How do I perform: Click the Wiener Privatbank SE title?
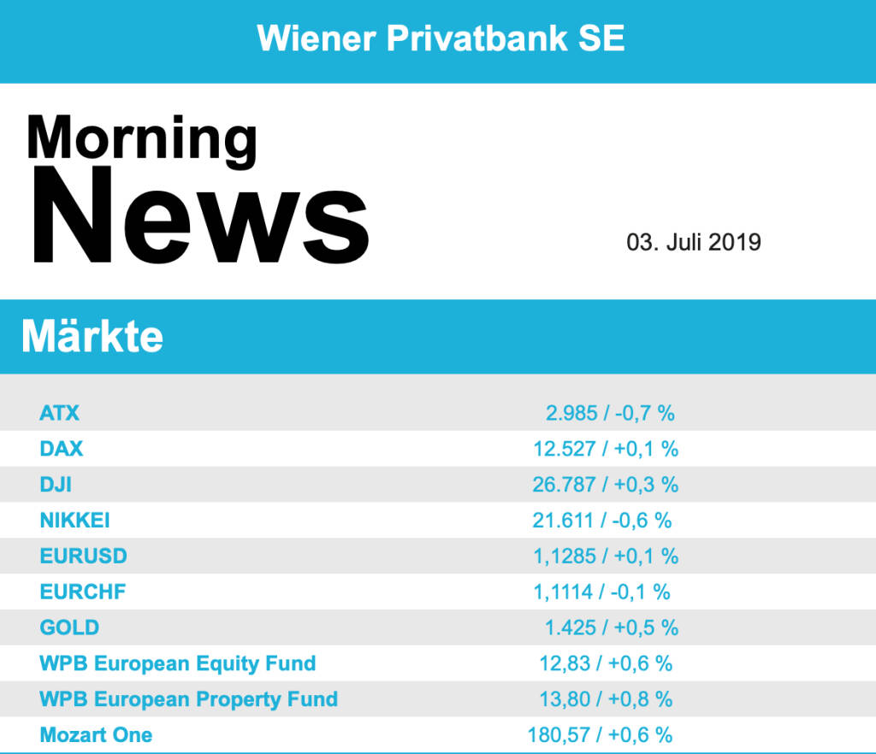point(441,38)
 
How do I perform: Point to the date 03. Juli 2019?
point(694,242)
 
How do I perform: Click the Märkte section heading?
point(92,337)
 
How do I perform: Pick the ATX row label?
point(59,413)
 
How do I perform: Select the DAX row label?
point(62,448)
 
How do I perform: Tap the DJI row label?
point(56,484)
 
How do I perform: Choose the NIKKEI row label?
point(74,520)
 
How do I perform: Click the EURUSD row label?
point(83,556)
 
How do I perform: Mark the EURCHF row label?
point(83,592)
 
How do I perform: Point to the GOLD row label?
point(69,627)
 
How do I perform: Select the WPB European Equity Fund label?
point(178,663)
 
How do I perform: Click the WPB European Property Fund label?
point(188,699)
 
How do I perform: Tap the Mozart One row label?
point(96,735)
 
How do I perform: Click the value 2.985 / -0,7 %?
point(610,413)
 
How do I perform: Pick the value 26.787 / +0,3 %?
point(605,484)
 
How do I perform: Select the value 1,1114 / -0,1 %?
point(601,592)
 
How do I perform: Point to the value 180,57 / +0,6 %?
point(600,735)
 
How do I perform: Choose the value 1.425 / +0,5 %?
point(611,627)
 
